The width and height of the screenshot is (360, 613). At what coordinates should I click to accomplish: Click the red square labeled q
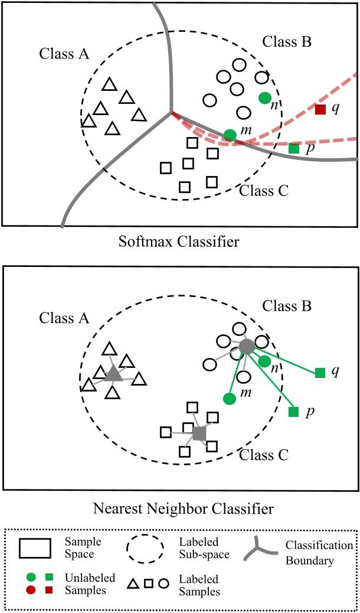pos(320,109)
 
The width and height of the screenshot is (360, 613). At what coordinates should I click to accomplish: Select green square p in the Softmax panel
pos(294,148)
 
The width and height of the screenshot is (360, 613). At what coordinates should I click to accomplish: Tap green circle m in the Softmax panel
pos(230,135)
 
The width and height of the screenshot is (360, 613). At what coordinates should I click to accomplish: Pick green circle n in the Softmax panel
pos(265,97)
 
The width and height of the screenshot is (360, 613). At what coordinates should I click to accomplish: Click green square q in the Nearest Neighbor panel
pos(320,372)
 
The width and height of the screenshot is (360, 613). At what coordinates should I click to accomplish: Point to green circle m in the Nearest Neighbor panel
pos(230,399)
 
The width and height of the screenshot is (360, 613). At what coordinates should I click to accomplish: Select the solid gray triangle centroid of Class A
pos(113,373)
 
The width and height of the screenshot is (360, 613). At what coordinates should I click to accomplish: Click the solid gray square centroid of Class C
pos(199,433)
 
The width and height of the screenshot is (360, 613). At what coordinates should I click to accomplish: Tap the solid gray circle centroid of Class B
pos(247,347)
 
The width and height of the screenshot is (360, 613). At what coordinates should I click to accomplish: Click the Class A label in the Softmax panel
pos(64,54)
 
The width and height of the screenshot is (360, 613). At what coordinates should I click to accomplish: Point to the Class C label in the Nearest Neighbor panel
pos(264,455)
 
